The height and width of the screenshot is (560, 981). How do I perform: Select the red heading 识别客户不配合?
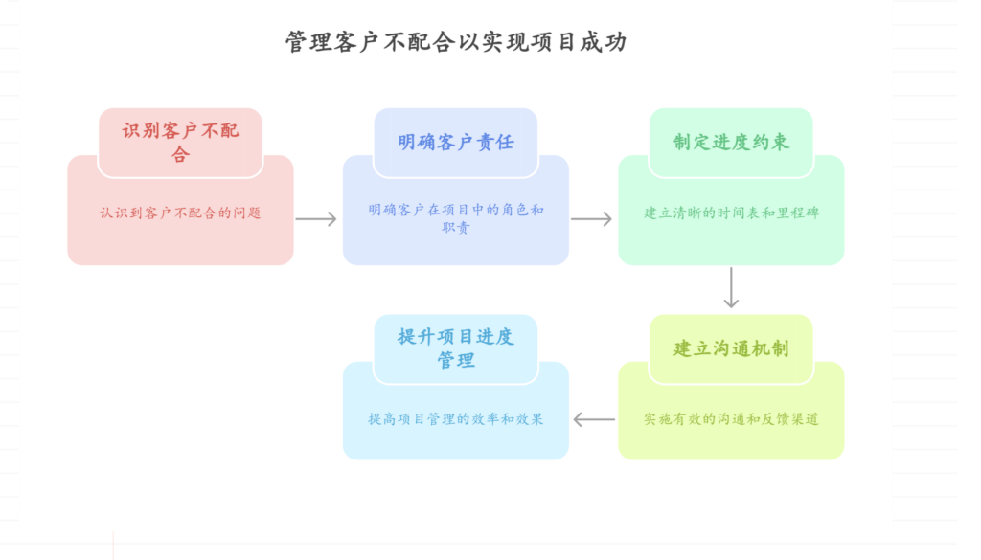pyautogui.click(x=180, y=142)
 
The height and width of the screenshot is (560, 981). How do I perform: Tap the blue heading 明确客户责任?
pyautogui.click(x=456, y=142)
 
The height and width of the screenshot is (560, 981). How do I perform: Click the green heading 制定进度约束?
pyautogui.click(x=731, y=142)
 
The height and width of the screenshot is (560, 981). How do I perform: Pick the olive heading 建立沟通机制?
pyautogui.click(x=731, y=348)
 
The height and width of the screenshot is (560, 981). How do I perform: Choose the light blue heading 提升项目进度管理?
pyautogui.click(x=456, y=348)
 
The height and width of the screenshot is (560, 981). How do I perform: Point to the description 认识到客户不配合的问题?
pyautogui.click(x=180, y=213)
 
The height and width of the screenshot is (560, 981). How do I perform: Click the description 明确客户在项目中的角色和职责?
pyautogui.click(x=456, y=218)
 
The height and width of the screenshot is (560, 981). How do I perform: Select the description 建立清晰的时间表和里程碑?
pyautogui.click(x=731, y=213)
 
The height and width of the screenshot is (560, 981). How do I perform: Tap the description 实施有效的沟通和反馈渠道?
pyautogui.click(x=731, y=419)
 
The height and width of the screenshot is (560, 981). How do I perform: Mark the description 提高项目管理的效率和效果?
pyautogui.click(x=456, y=419)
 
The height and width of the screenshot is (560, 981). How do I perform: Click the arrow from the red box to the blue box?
pyautogui.click(x=316, y=219)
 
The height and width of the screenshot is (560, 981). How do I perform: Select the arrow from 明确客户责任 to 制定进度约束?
pyautogui.click(x=591, y=219)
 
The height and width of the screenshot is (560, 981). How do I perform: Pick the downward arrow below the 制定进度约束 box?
pyautogui.click(x=731, y=287)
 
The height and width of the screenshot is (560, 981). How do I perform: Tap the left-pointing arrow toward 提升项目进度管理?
pyautogui.click(x=594, y=419)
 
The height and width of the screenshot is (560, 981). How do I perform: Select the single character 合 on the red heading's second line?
pyautogui.click(x=180, y=154)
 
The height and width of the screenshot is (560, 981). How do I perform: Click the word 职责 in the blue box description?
pyautogui.click(x=456, y=228)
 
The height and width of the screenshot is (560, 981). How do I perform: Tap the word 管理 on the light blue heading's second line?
pyautogui.click(x=456, y=361)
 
